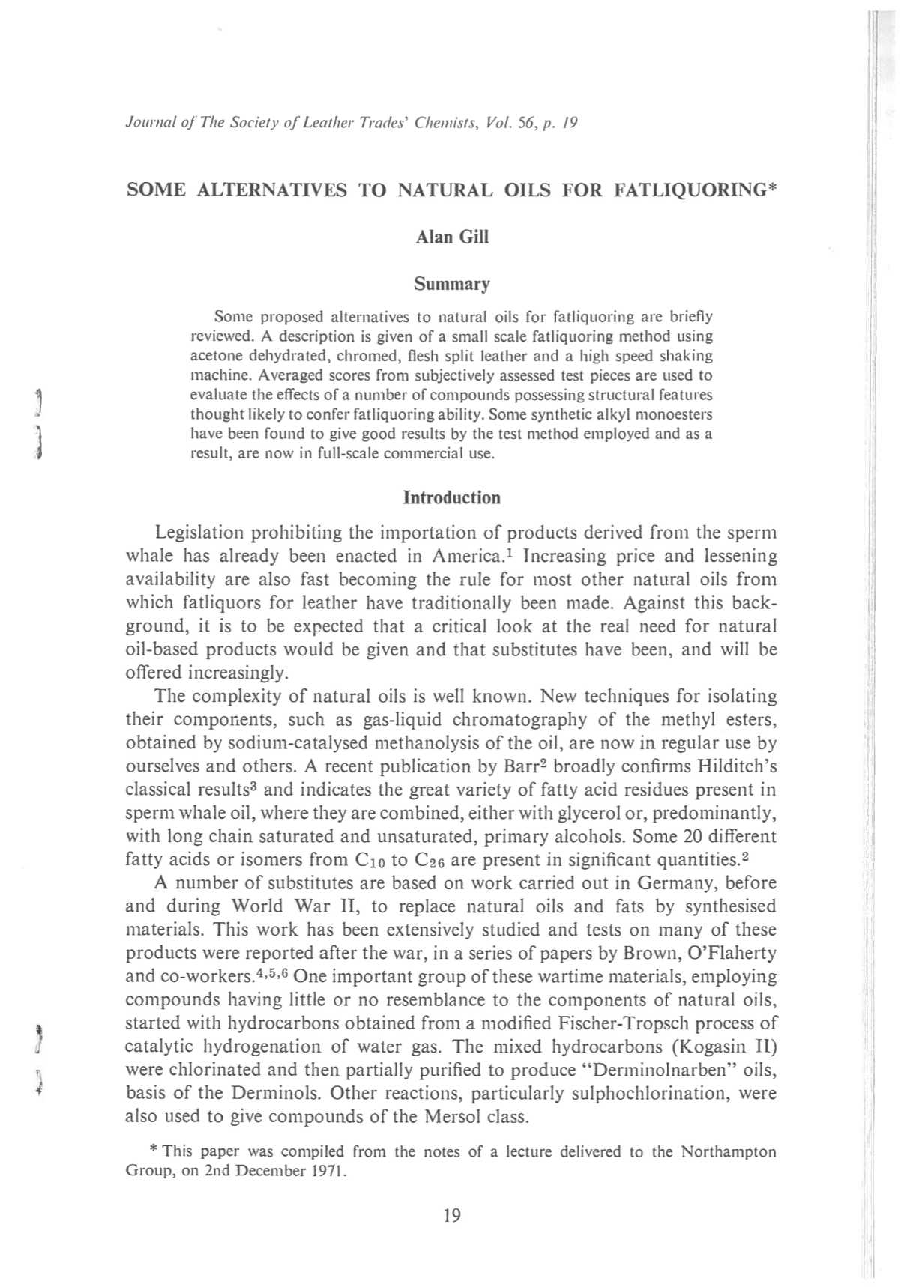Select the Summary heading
[x=451, y=284]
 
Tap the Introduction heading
[x=451, y=498]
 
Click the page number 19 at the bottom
[x=452, y=1215]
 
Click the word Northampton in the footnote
[x=728, y=1152]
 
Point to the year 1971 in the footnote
[x=325, y=1171]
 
